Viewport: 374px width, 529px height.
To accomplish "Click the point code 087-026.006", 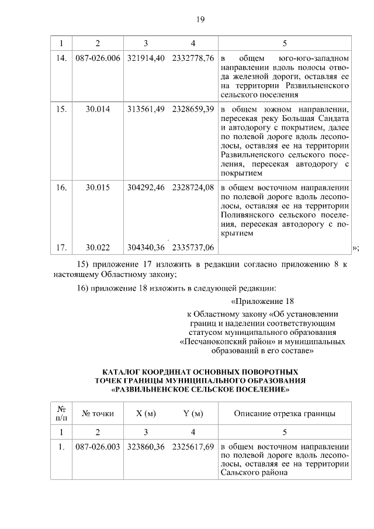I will (x=98, y=59).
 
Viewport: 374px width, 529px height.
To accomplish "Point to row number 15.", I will (x=61, y=109).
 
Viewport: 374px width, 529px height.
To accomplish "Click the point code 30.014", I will (x=98, y=109).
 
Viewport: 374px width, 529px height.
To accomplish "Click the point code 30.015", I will (x=98, y=189).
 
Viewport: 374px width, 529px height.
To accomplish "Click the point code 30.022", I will (x=98, y=248).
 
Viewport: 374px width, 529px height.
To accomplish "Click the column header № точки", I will (x=98, y=414).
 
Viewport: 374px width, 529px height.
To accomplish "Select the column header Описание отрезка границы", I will (x=284, y=414).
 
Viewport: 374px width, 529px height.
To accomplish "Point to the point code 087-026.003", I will (x=98, y=447).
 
